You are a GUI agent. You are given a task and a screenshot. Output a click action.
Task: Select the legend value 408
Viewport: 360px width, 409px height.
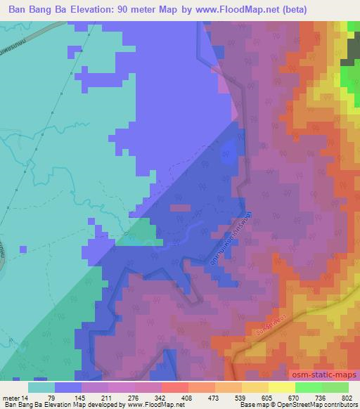167,398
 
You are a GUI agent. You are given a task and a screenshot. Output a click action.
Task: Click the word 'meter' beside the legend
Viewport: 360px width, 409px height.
11,398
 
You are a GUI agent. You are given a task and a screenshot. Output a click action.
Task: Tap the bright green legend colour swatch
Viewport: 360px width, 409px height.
307,387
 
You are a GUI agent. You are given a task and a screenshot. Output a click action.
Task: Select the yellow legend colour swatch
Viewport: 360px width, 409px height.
281,387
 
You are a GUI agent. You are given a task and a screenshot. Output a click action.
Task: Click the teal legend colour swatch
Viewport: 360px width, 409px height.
41,387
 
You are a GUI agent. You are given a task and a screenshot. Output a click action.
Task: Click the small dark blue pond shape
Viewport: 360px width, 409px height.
228,149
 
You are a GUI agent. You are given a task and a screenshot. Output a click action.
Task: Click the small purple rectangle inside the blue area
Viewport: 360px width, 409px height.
181,208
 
